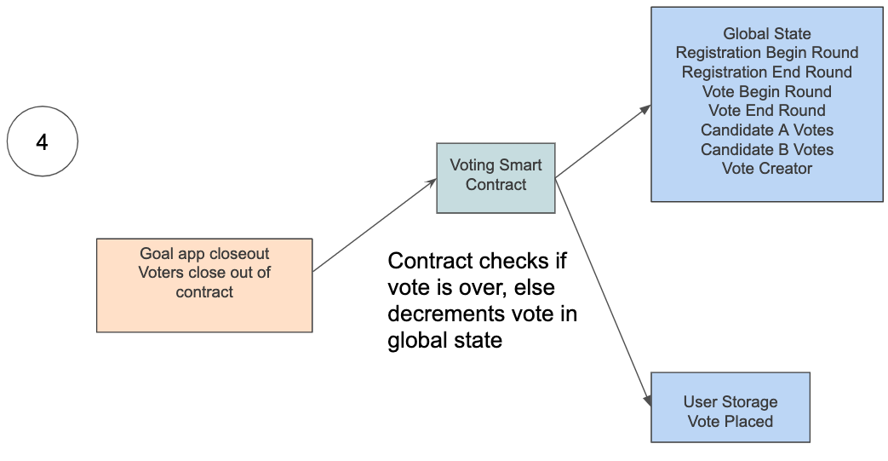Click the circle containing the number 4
tap(43, 141)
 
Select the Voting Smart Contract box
tap(496, 177)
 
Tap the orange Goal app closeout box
tap(204, 285)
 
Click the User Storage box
tap(730, 406)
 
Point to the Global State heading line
tap(766, 34)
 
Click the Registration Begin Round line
tap(766, 53)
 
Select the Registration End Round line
tap(766, 72)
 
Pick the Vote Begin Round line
tap(766, 92)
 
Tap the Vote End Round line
tap(766, 111)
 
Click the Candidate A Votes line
tap(766, 130)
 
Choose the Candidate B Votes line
tap(766, 150)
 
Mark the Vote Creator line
tap(766, 169)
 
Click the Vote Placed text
tap(730, 422)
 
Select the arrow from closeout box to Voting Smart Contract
tap(375, 225)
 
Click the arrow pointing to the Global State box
tap(603, 141)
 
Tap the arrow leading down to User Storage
tap(603, 290)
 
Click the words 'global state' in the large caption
tap(444, 341)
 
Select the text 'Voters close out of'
tap(204, 273)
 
